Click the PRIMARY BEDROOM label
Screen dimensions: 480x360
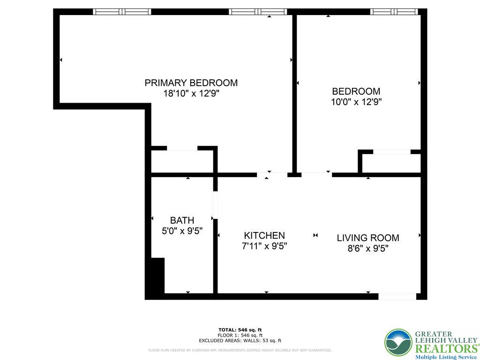pyautogui.click(x=191, y=83)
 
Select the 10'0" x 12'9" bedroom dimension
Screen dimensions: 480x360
pyautogui.click(x=356, y=102)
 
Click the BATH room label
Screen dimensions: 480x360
pyautogui.click(x=182, y=220)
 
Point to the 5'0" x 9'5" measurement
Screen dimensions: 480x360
pyautogui.click(x=182, y=231)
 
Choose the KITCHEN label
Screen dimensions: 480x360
pyautogui.click(x=264, y=235)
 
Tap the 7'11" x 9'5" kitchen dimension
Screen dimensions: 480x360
pyautogui.click(x=264, y=246)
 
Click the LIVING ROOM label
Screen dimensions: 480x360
pyautogui.click(x=368, y=238)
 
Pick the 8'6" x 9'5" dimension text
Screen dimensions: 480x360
pyautogui.click(x=368, y=248)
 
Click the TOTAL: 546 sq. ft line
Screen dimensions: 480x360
pyautogui.click(x=240, y=330)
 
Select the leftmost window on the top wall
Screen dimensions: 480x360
pyautogui.click(x=122, y=12)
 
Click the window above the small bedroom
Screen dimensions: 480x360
pyautogui.click(x=394, y=12)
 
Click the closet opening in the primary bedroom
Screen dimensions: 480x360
pyautogui.click(x=182, y=149)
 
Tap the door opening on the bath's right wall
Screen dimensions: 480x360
pyautogui.click(x=216, y=205)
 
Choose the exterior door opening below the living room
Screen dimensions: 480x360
pyautogui.click(x=397, y=296)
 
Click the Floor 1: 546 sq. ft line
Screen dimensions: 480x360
pyautogui.click(x=240, y=335)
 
